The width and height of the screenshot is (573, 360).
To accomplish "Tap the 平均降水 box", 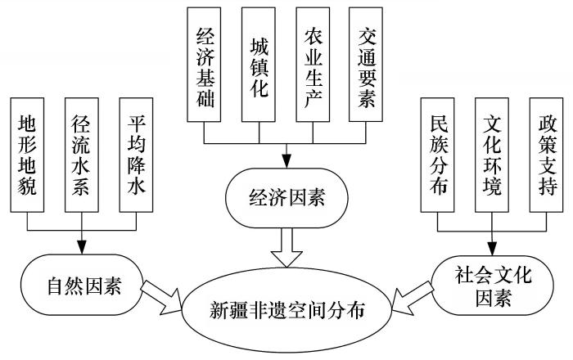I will coord(136,153).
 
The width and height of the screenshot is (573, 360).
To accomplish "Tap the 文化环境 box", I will coord(491,153).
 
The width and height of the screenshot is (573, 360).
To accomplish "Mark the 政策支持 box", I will coord(545,153).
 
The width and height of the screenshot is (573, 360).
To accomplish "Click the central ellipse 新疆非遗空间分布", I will coord(286,311).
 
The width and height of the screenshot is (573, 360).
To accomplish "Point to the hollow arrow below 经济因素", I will coord(286,246).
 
